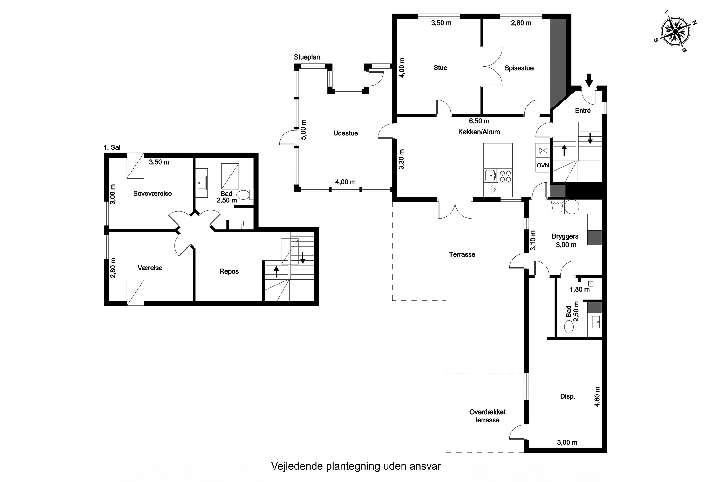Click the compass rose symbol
click(675, 32)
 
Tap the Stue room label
click(440, 68)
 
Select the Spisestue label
click(519, 68)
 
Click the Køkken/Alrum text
click(479, 132)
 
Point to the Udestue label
click(346, 133)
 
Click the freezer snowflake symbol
click(543, 151)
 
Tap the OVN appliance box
click(542, 165)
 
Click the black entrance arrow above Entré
click(589, 80)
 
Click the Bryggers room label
click(565, 236)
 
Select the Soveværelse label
click(153, 193)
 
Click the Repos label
click(229, 271)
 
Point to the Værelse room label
click(150, 268)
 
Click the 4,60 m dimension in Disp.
click(597, 396)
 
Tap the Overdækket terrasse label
click(488, 416)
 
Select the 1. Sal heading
click(112, 147)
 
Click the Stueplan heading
click(307, 57)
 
